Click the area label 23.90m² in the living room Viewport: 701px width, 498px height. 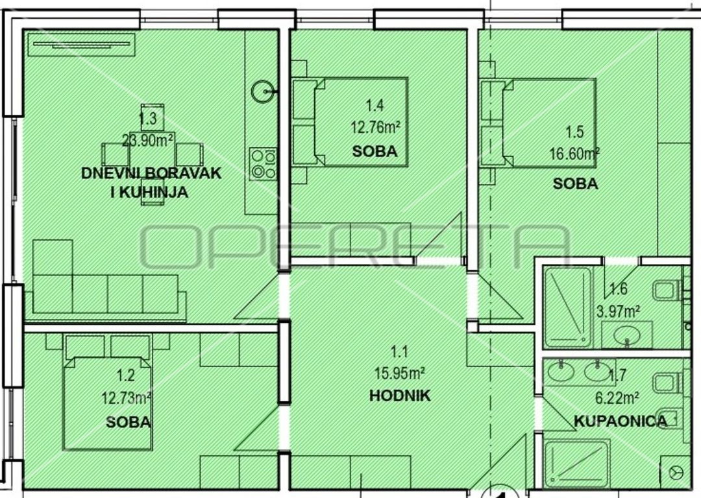point(149,141)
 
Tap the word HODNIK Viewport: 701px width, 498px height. point(400,396)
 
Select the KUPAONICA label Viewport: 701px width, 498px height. point(620,421)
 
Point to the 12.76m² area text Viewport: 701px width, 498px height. point(375,128)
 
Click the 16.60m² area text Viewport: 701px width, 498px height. point(574,154)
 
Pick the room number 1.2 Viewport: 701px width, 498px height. point(125,375)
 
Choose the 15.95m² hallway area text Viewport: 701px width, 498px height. point(399,373)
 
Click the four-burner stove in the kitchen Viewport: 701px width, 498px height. point(264,164)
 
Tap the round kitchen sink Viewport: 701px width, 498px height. point(262,91)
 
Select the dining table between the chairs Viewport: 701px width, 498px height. point(152,154)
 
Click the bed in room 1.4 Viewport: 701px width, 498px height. point(350,122)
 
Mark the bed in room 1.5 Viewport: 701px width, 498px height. point(538,123)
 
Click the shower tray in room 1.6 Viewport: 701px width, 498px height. point(567,307)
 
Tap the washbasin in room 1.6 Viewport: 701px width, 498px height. point(627,334)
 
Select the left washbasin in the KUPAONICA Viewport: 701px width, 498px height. point(561,372)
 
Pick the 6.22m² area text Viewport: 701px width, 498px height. point(617,397)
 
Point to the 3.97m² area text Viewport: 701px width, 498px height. point(618,311)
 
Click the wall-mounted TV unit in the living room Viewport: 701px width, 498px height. point(81,45)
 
